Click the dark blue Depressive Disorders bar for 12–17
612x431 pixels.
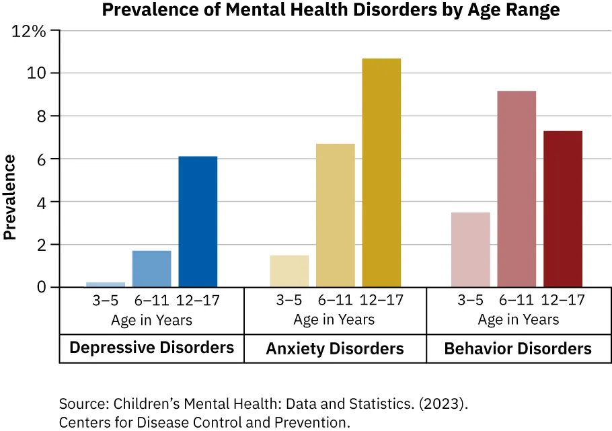198,222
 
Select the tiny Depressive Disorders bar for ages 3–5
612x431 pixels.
106,284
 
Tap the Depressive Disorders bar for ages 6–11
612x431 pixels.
151,269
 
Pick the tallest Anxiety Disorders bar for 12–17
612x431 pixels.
381,173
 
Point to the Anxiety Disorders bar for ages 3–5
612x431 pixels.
289,271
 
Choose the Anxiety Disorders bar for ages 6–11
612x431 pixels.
335,215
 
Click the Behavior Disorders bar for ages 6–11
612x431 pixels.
517,189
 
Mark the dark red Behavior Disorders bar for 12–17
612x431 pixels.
563,209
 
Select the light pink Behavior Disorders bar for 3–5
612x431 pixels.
471,249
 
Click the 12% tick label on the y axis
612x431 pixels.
31,31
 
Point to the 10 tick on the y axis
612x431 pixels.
38,73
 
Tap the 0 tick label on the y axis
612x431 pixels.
42,288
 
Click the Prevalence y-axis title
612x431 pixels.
10,197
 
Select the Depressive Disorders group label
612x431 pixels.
151,348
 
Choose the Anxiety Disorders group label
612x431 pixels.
335,348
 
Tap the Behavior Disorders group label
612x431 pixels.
518,348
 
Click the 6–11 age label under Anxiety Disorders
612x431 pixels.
335,300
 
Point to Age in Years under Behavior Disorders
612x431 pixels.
518,319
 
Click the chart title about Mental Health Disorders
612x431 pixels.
330,11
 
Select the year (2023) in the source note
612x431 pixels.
442,404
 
